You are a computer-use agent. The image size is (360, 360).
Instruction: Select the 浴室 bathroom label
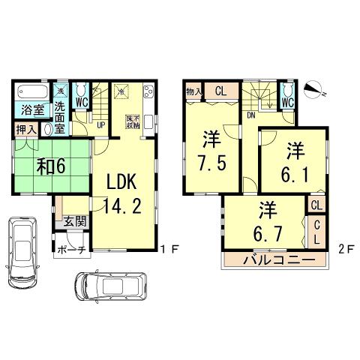coord(31,110)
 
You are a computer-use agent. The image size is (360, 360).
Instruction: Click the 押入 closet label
coord(25,130)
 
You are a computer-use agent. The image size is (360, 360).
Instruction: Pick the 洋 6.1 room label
coord(293,160)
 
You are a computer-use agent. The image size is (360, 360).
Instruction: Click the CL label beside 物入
coord(220,91)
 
